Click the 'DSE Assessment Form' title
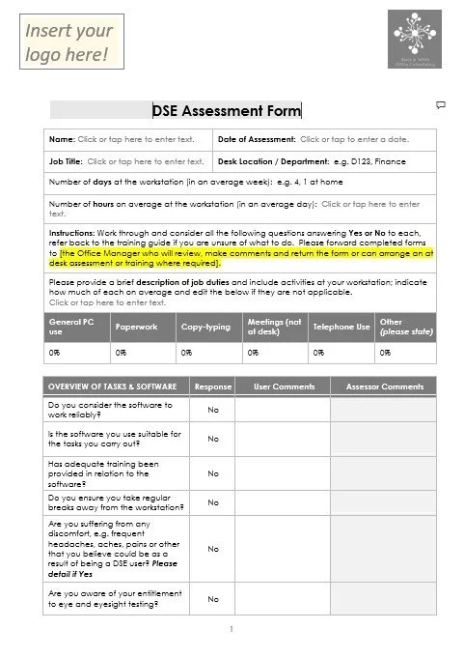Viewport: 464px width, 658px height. (x=227, y=110)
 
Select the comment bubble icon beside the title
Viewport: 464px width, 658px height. (x=440, y=103)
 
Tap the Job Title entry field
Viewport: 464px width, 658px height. (x=146, y=161)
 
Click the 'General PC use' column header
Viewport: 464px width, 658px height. (x=77, y=327)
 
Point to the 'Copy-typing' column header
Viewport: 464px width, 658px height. (x=206, y=327)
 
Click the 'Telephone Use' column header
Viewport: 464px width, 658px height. (x=341, y=327)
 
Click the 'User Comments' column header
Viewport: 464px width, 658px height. (x=284, y=386)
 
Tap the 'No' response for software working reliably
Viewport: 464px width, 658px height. (x=213, y=410)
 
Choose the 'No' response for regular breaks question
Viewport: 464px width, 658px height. (x=213, y=502)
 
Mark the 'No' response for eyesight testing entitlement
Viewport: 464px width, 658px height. (x=213, y=599)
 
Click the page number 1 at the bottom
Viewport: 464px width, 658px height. (x=232, y=630)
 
